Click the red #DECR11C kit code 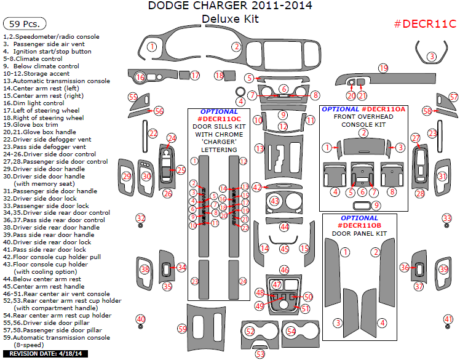[424, 24]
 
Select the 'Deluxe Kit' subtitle [230, 19]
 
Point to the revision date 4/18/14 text [46, 354]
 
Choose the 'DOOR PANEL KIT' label [359, 234]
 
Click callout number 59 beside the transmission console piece [182, 329]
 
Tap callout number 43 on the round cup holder [275, 201]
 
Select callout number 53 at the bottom [260, 354]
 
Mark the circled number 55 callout [133, 97]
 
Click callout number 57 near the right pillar [453, 97]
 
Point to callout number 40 [141, 319]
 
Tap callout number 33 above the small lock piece [447, 218]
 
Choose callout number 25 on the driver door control [181, 170]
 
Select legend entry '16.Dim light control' [38, 103]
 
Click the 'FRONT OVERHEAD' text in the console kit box [363, 117]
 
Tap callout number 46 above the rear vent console [284, 270]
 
